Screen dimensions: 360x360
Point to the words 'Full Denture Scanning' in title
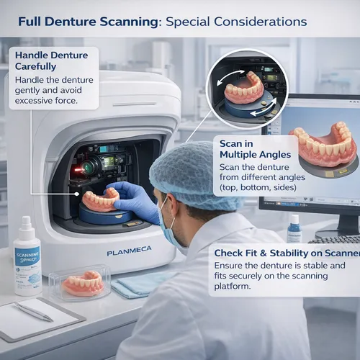tap(86, 21)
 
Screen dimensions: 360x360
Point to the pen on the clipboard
tap(33, 310)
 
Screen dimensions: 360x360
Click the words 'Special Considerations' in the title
tap(235, 21)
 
